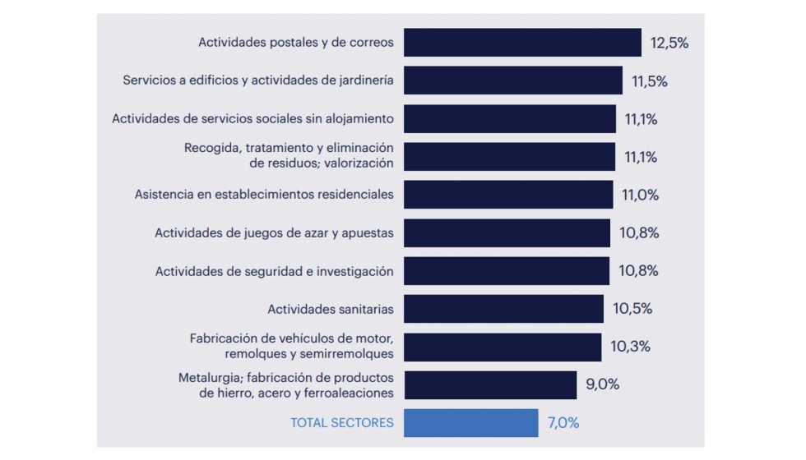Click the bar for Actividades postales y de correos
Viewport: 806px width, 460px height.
coord(522,43)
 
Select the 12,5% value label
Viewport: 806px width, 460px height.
coord(669,44)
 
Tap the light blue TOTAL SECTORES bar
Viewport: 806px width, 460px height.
coord(470,423)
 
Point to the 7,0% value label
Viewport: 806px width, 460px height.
coord(563,423)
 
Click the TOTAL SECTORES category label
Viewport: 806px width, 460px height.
coord(341,423)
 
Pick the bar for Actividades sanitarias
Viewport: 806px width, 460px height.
coord(503,309)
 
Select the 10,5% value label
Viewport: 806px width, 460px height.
coord(632,309)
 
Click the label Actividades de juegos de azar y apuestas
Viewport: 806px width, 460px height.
coord(274,233)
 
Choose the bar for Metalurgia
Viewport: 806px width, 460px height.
coord(490,384)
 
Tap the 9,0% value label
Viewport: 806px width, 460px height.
coord(603,384)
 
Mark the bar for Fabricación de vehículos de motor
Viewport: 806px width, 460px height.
coord(503,347)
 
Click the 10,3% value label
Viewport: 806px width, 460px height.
coord(630,347)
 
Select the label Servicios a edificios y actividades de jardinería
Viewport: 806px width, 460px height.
coord(258,80)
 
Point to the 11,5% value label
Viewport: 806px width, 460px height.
coord(650,81)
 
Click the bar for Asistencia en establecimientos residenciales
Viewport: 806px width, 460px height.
coord(508,195)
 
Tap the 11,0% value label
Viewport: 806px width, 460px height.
coord(641,195)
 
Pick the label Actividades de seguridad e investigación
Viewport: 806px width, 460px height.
coord(274,271)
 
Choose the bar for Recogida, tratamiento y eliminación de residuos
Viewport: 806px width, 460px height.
coord(509,157)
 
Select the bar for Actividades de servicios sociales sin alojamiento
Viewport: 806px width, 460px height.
coord(510,119)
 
